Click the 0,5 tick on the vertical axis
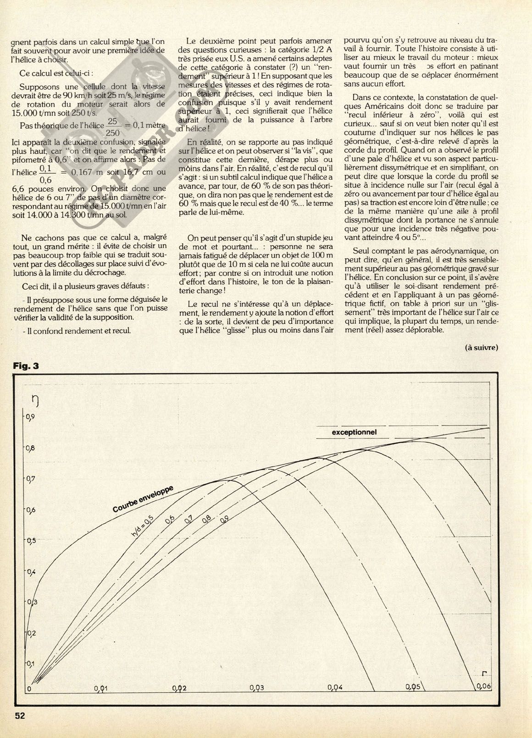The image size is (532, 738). coord(30,540)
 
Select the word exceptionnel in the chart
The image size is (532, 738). coord(354,433)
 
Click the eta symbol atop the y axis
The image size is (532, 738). coord(33,401)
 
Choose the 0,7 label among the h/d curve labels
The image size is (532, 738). coord(188,522)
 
